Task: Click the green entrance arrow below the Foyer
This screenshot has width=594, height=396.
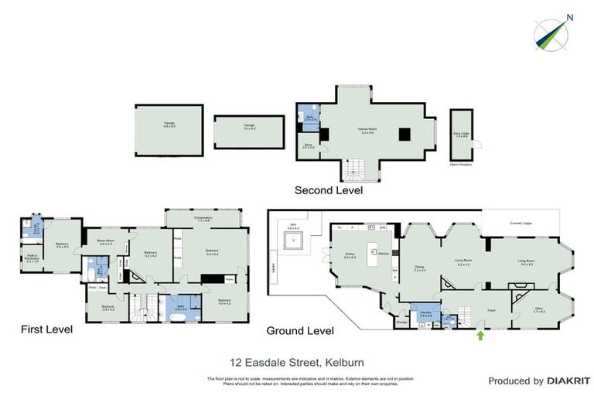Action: click(x=482, y=335)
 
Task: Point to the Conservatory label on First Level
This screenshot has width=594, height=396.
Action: click(x=203, y=218)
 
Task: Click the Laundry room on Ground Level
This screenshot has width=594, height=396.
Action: click(x=425, y=314)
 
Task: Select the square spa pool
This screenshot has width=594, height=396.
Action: click(x=293, y=242)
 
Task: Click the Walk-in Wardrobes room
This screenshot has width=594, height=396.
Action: click(x=33, y=259)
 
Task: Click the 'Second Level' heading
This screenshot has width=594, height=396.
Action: click(x=328, y=189)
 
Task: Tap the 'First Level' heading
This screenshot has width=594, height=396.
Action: click(x=46, y=329)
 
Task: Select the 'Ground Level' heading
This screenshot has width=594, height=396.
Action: click(x=300, y=330)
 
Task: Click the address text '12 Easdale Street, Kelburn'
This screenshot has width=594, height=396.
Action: click(x=297, y=361)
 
